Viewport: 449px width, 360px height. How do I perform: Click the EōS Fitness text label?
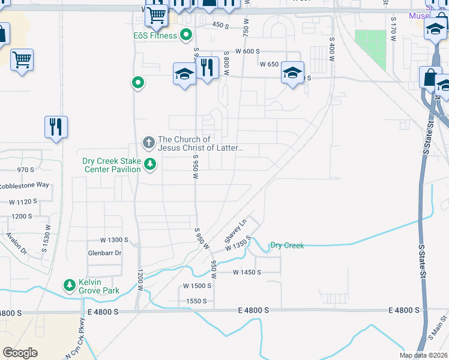pos(155,35)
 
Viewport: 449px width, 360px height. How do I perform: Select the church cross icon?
pos(148,143)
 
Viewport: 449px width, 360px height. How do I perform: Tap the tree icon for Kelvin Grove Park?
pos(70,284)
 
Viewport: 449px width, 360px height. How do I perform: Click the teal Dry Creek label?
pos(287,245)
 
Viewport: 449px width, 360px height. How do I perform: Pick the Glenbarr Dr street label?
pos(104,253)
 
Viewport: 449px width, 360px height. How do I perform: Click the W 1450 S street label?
pos(247,272)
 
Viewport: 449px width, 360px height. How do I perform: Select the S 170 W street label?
pos(393,28)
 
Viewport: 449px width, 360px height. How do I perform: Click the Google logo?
pos(20,353)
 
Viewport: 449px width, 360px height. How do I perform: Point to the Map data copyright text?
pos(424,355)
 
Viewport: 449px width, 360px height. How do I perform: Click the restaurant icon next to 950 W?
pos(207,68)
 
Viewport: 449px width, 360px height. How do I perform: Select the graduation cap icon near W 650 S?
pos(292,73)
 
